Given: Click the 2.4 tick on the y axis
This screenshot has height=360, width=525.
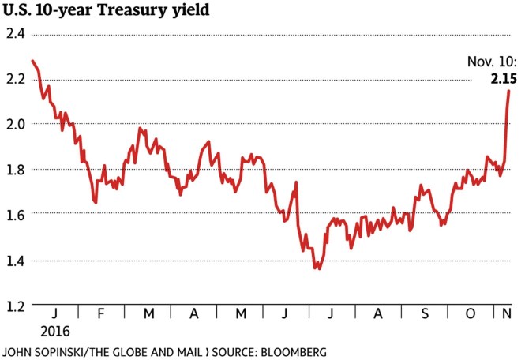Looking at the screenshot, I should coord(16,34).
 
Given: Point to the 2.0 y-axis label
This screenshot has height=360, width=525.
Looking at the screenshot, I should coord(16,124).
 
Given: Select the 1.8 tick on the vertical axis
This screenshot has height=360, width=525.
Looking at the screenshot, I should coord(16,170).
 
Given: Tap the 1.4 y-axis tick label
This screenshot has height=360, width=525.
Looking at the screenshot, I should coord(16,261).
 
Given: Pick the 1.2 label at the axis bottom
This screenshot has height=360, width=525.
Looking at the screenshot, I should coord(16,306).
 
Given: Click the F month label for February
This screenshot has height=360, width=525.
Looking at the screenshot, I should coord(101,313).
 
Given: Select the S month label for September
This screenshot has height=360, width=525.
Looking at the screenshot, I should coord(425,313).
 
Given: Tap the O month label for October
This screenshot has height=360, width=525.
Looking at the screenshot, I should coord(471,313).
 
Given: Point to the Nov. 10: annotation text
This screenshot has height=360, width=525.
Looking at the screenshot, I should coord(493,63).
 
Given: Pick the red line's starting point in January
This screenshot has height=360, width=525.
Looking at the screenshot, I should coord(32,61).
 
